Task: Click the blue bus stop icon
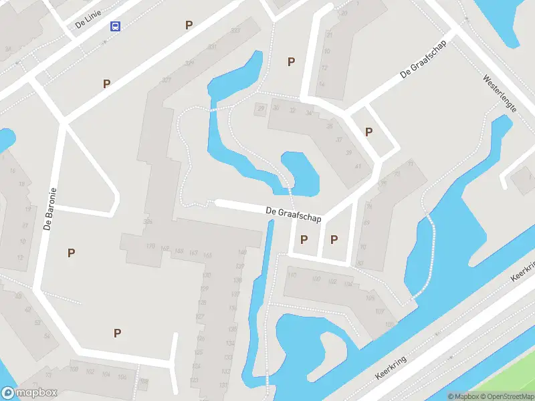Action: (115, 26)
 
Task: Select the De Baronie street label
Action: (49, 208)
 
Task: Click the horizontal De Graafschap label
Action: (294, 214)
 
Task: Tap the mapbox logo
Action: (29, 393)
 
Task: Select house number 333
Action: (234, 31)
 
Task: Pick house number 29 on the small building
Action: (261, 108)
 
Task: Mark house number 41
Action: (358, 166)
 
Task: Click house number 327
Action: (167, 80)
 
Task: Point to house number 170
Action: (150, 246)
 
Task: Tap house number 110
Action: (292, 275)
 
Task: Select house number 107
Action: (380, 311)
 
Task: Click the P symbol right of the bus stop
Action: (189, 25)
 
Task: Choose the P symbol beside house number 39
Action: (368, 132)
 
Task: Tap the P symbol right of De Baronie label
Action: (71, 253)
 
